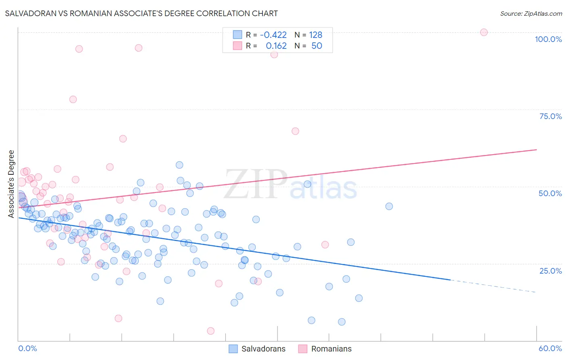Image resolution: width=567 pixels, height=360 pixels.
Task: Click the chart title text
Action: point(141,13)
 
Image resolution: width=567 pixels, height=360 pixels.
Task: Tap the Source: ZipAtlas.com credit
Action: point(531,13)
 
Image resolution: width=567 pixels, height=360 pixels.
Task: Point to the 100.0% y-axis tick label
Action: point(548,39)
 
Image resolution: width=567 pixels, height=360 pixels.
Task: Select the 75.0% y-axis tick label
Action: point(550,116)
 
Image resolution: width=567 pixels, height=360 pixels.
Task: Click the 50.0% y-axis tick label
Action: point(550,193)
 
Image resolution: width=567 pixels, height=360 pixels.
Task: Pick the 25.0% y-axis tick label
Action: point(550,270)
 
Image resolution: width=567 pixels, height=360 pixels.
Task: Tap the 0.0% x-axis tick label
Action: point(27,348)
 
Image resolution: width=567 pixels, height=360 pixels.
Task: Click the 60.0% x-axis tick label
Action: point(550,348)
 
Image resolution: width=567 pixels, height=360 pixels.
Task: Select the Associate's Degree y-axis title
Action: point(11,184)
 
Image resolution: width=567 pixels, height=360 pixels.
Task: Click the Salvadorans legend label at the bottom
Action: point(263,349)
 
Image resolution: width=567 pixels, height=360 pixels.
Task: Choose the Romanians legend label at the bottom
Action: point(331,349)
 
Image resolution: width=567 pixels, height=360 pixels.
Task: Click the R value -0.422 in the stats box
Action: point(273,35)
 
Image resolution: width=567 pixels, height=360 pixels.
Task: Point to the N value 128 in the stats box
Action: point(315,35)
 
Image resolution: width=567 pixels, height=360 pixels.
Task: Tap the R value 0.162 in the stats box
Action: point(276,46)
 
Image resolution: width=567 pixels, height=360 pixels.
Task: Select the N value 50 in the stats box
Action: point(317,46)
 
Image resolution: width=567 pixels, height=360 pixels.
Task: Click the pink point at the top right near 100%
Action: point(484,32)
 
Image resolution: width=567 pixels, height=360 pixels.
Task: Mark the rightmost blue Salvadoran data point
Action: point(389,206)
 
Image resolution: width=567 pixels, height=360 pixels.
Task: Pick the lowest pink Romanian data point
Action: point(211,331)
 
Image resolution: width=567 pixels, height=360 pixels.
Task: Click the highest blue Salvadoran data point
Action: point(179,165)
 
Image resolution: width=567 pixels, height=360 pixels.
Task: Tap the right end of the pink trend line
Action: point(536,150)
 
